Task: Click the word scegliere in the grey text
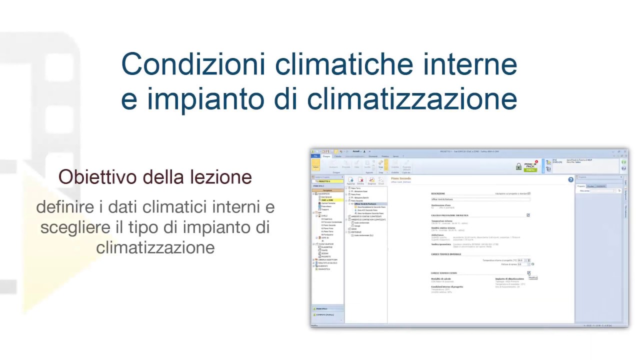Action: (x=75, y=227)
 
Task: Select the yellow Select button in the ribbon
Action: (x=315, y=165)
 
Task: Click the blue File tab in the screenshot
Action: (x=315, y=156)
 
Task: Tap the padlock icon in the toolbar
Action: (x=519, y=166)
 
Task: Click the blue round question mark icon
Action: (x=571, y=179)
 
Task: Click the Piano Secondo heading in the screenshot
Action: (x=401, y=178)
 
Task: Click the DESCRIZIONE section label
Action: (x=438, y=193)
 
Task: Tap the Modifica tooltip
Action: (x=533, y=277)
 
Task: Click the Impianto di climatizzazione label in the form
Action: (x=509, y=279)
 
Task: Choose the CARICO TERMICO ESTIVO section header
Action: (x=444, y=273)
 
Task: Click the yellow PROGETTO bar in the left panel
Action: (x=328, y=181)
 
